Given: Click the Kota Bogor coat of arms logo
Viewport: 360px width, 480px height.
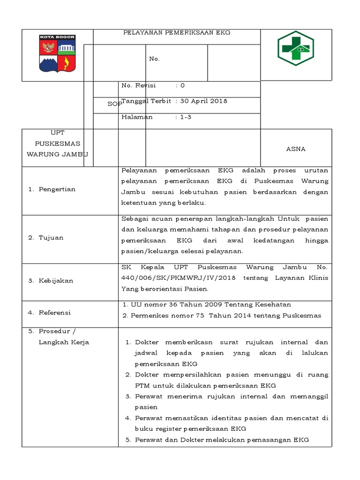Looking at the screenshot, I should pyautogui.click(x=58, y=54).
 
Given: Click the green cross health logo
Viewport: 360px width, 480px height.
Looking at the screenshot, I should pyautogui.click(x=296, y=48).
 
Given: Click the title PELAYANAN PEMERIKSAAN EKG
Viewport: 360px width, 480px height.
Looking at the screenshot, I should pyautogui.click(x=177, y=33).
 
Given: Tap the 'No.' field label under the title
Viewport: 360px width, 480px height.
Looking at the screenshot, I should pyautogui.click(x=154, y=59).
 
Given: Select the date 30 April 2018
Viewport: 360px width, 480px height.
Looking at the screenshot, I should pyautogui.click(x=204, y=101).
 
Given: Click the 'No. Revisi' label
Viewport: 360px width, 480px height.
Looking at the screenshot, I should pyautogui.click(x=138, y=85).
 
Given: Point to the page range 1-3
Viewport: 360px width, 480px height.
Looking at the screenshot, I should pyautogui.click(x=186, y=117).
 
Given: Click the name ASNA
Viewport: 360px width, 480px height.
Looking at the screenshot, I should pyautogui.click(x=296, y=149).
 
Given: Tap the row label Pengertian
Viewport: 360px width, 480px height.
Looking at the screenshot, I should pyautogui.click(x=57, y=189).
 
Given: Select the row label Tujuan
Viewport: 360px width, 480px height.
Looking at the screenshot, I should pyautogui.click(x=52, y=238).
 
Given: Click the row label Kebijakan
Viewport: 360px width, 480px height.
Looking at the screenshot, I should pyautogui.click(x=56, y=281).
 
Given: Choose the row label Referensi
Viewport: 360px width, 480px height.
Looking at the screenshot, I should pyautogui.click(x=55, y=313).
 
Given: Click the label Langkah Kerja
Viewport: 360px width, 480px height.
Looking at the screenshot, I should pyautogui.click(x=64, y=342).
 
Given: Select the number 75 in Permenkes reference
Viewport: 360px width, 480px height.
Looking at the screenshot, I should pyautogui.click(x=200, y=315).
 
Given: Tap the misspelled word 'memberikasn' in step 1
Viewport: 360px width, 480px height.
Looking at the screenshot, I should pyautogui.click(x=184, y=342).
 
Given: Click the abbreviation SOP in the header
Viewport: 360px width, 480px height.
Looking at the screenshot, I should pyautogui.click(x=113, y=104).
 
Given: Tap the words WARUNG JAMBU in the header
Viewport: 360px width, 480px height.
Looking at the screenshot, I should pyautogui.click(x=57, y=154).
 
